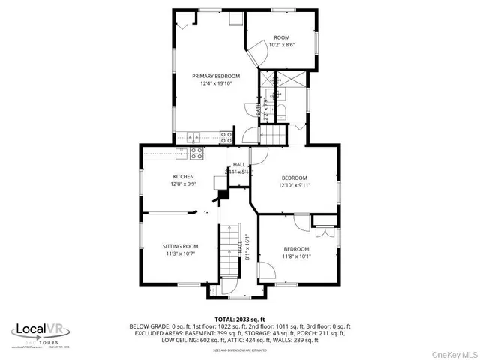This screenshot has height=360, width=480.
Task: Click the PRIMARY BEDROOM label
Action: [x=215, y=76]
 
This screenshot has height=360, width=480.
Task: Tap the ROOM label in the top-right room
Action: [x=281, y=37]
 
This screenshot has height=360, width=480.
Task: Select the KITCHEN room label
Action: [x=183, y=177]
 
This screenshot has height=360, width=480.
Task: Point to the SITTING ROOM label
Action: [x=180, y=246]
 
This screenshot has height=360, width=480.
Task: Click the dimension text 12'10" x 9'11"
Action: [x=294, y=185]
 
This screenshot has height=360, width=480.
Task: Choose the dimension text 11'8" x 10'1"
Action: [x=296, y=256]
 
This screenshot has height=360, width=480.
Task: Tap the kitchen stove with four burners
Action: [x=196, y=153]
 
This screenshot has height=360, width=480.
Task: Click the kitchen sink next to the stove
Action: [x=181, y=153]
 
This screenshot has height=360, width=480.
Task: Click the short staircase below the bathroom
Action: [x=274, y=135]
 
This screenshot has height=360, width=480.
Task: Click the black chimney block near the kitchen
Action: [x=223, y=196]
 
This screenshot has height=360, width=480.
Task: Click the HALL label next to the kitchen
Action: [x=238, y=164]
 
